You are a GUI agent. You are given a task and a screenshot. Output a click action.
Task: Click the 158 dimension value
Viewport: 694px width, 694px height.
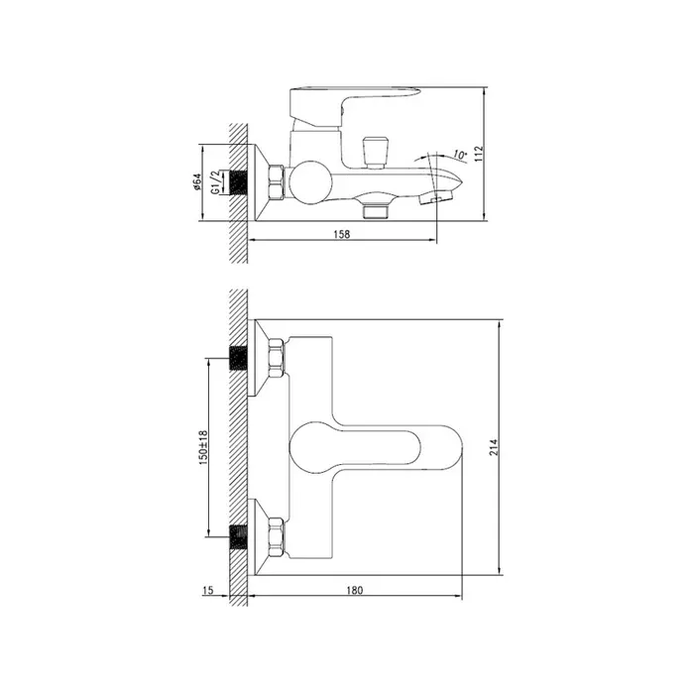coord(342,234)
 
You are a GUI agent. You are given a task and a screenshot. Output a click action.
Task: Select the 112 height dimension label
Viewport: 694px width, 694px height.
coord(480,154)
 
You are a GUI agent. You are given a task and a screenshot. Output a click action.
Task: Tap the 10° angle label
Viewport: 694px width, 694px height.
coord(460,156)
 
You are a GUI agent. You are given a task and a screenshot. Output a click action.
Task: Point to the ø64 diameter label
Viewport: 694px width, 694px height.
coord(197,181)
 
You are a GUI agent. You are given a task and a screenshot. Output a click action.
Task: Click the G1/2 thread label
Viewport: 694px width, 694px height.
coord(215,181)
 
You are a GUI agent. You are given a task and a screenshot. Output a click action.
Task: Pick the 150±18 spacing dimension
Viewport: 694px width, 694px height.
coord(203,447)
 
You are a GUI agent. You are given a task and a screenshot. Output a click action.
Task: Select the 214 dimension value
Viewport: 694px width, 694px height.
coord(494,447)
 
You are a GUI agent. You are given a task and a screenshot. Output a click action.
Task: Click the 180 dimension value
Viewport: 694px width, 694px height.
coord(355,590)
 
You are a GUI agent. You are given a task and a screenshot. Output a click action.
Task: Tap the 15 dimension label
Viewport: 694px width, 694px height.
coord(208,590)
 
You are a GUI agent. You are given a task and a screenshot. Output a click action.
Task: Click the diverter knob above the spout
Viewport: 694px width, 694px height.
coord(376,153)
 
